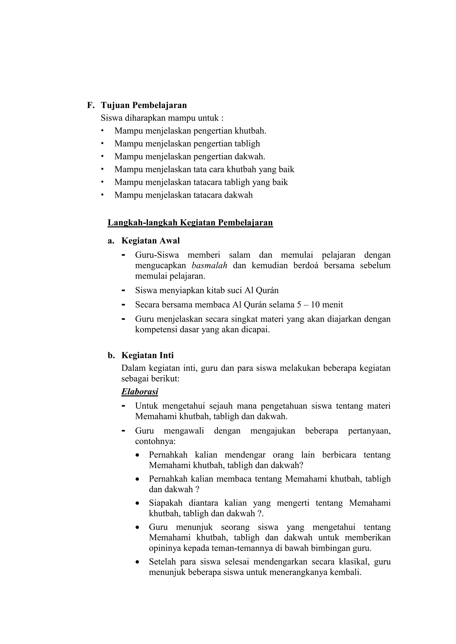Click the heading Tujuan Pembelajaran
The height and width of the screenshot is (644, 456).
(x=144, y=105)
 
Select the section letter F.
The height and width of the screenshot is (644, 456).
(x=90, y=105)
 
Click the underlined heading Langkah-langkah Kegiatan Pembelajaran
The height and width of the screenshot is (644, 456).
(x=190, y=222)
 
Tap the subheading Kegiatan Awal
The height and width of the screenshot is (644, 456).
(x=151, y=241)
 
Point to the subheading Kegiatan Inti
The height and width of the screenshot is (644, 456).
(x=147, y=355)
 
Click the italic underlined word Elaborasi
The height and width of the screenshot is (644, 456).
(x=140, y=392)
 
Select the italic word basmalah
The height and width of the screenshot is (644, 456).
(x=210, y=265)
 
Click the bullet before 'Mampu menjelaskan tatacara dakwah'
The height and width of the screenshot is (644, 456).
(x=102, y=194)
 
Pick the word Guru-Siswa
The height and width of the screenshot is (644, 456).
(x=157, y=255)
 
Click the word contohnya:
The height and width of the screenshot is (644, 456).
(x=155, y=441)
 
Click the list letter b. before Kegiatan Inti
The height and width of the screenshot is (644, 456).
(x=111, y=356)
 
